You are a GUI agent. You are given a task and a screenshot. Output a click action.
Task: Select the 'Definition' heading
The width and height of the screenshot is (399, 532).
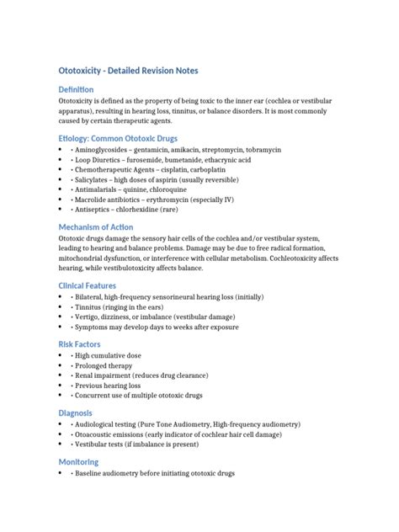pyautogui.click(x=82, y=89)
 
